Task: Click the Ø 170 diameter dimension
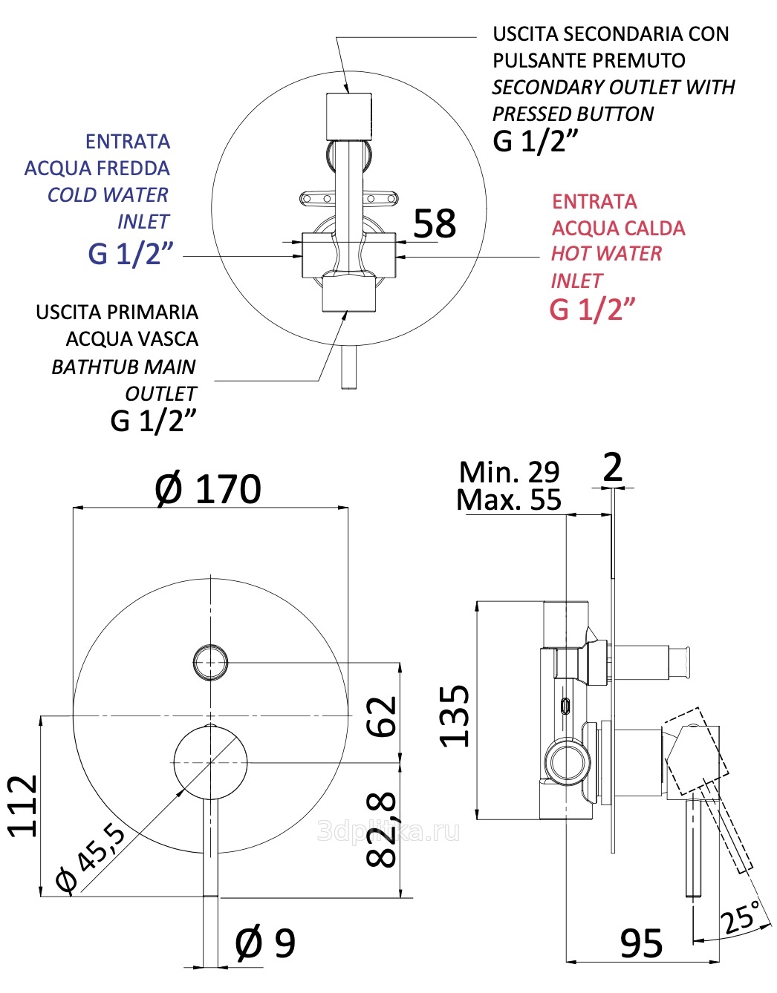coord(208,489)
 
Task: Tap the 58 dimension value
coord(435,223)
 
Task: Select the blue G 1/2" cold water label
coord(130,254)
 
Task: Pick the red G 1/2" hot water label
coord(592,309)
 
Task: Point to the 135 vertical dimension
coord(455,715)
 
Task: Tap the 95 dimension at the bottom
coord(642,944)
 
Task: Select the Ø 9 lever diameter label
coord(265,943)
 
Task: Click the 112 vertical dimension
coord(22,806)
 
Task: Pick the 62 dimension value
coord(383,716)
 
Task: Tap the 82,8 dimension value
coord(383,829)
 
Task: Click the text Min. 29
coord(509,472)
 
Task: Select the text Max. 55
coord(509,500)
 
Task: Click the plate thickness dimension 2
coord(613,468)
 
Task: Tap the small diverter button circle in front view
coord(210,661)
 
